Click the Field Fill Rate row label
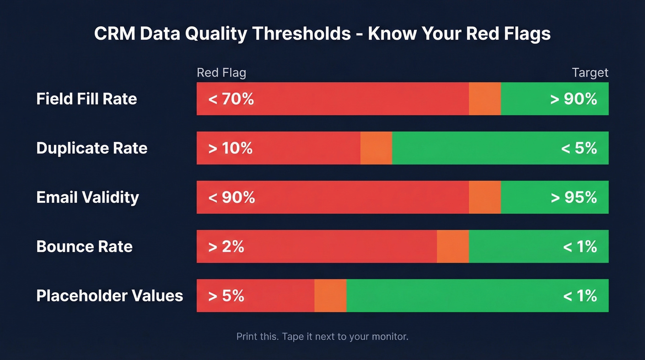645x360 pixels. click(x=87, y=99)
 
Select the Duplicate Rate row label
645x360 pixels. click(x=92, y=148)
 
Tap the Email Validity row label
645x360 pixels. click(x=88, y=197)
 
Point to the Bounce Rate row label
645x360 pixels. click(x=84, y=247)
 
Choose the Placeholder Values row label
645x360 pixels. click(x=110, y=295)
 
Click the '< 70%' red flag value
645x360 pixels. click(x=231, y=99)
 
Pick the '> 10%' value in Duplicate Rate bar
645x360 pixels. click(x=230, y=148)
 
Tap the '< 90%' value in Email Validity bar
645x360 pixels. click(x=231, y=197)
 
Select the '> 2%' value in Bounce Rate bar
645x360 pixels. click(x=226, y=247)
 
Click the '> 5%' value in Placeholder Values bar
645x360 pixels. click(x=226, y=295)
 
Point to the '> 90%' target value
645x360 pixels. click(x=574, y=99)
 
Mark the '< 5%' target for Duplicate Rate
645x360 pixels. click(x=579, y=148)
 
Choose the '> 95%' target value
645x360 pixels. click(x=574, y=197)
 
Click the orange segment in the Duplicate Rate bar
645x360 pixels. click(x=376, y=148)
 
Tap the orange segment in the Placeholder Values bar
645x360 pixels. click(x=330, y=295)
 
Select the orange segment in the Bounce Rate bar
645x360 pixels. click(x=453, y=247)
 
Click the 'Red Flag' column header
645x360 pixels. click(x=221, y=73)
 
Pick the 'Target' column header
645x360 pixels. click(x=590, y=73)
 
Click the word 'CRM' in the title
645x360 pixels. click(x=114, y=34)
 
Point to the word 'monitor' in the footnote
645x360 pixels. click(x=388, y=336)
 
